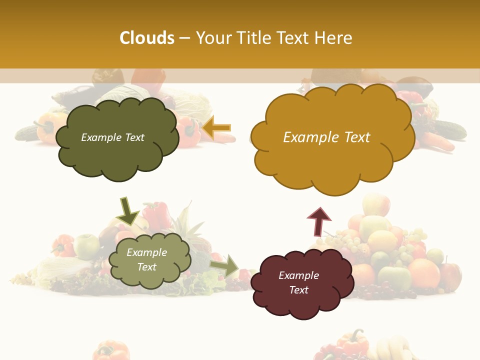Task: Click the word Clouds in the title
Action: point(147,38)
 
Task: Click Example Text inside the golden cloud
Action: point(326,137)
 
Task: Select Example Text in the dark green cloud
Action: point(112,137)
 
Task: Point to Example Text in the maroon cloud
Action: point(298,282)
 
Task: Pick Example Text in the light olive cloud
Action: point(146,259)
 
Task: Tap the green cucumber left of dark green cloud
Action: point(27,132)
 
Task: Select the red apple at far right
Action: point(451,275)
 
